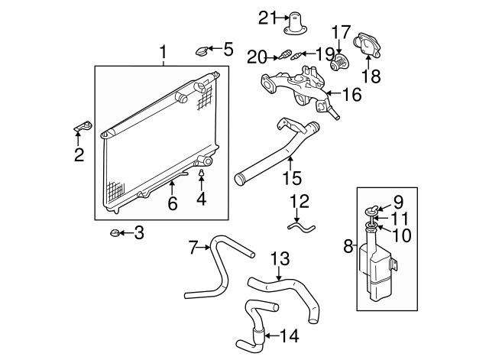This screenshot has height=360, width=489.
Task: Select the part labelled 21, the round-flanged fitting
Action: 293,23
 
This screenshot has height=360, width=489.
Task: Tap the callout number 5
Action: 228,50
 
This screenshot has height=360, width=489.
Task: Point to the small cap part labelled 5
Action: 202,52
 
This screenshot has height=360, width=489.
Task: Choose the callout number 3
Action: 138,232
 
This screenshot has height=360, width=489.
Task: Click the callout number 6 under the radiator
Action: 173,203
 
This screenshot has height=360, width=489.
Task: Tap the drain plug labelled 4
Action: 202,174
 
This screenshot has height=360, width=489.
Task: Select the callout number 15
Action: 292,179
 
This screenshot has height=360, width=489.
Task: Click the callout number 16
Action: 351,95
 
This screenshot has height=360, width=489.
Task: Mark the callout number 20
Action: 256,55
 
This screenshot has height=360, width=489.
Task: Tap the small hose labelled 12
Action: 300,225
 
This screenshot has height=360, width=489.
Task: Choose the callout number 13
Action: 280,258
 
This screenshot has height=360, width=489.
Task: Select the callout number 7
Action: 193,246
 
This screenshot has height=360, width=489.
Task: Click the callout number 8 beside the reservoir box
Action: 348,246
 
